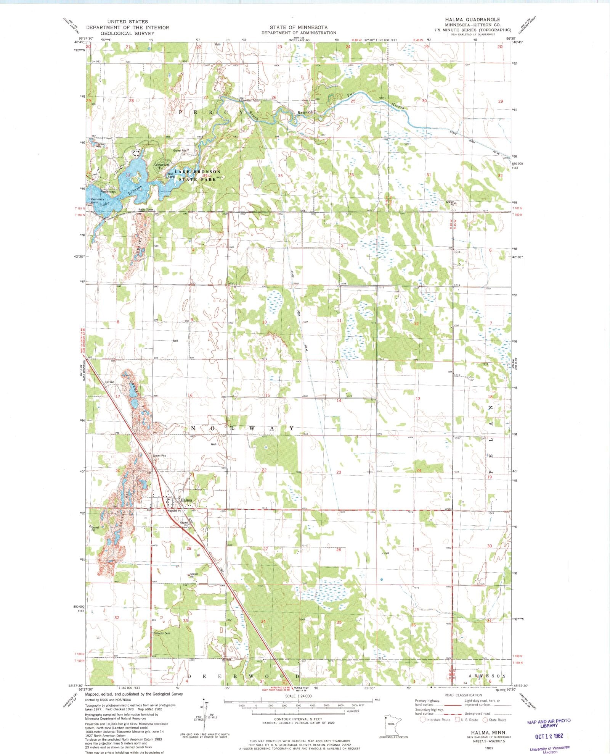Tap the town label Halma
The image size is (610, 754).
[186, 500]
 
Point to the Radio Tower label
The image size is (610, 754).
[145, 210]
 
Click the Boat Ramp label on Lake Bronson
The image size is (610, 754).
[171, 175]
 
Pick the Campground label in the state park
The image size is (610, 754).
[162, 165]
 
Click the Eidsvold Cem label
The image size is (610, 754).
[162, 633]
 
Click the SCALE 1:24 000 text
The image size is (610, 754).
[298, 696]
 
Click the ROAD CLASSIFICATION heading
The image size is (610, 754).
[463, 695]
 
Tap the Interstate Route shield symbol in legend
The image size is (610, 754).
[422, 720]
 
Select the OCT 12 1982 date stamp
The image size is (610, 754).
[549, 736]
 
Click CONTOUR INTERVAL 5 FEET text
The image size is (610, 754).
[298, 719]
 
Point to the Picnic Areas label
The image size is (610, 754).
[108, 192]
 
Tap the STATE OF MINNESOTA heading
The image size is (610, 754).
[299, 27]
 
